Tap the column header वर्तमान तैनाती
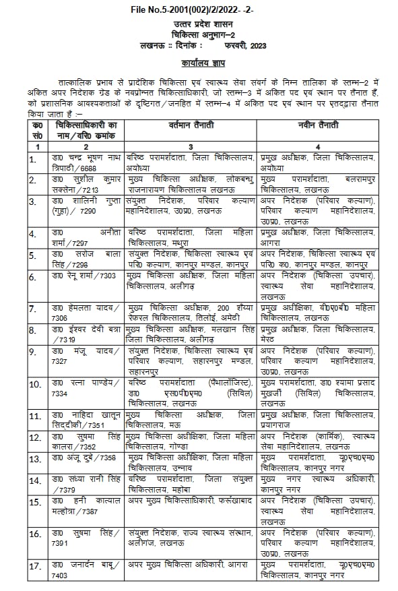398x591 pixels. coord(191,126)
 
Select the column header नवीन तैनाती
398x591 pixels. coord(317,126)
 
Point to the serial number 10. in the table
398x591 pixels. coord(36,385)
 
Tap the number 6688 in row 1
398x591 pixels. coord(88,166)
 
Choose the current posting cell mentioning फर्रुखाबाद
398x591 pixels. coord(191,503)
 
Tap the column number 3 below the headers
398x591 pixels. coord(191,146)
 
